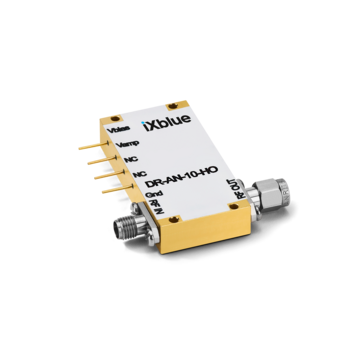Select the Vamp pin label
click(x=126, y=151)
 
